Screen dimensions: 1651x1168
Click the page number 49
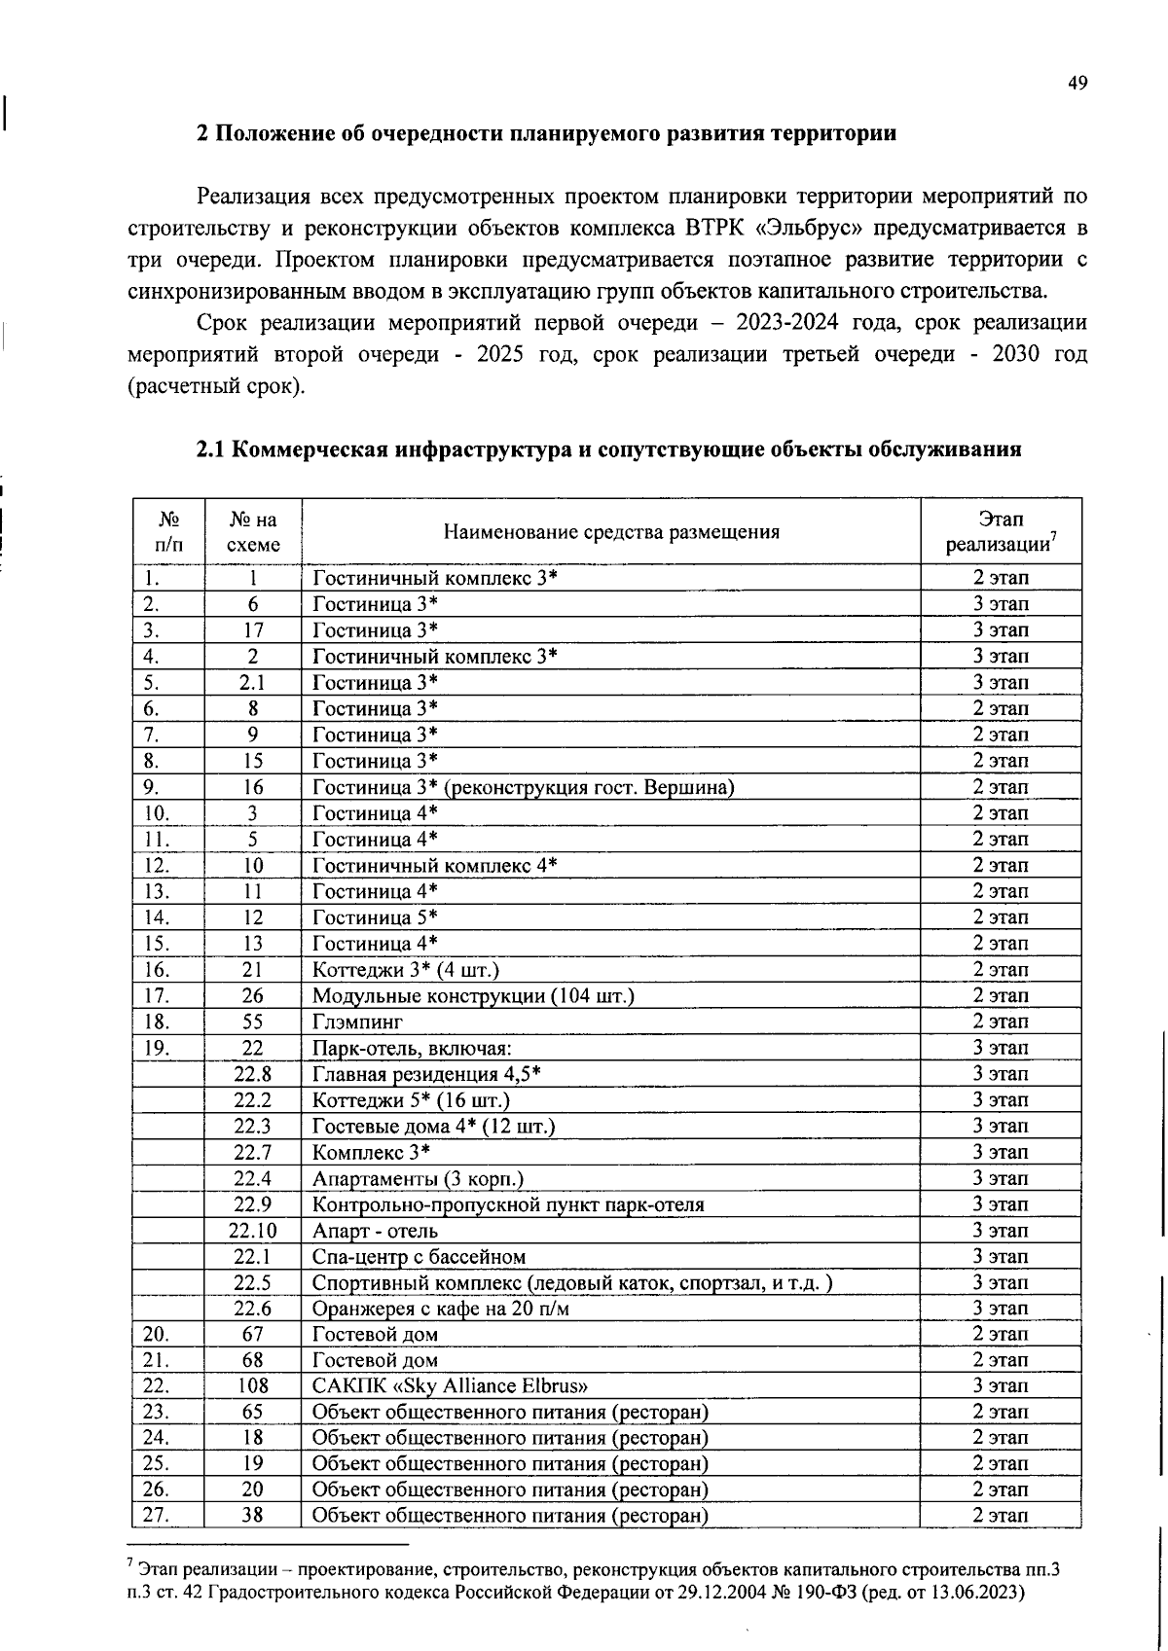tap(1077, 84)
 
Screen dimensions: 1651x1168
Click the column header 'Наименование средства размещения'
tap(610, 532)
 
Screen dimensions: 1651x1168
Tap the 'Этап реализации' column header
tap(1001, 532)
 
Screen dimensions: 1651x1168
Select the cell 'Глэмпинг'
tap(357, 1022)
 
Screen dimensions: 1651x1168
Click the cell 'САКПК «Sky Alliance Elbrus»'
tap(450, 1386)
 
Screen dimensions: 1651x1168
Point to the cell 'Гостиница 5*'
tap(375, 917)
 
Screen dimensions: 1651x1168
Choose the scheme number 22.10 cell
tap(252, 1231)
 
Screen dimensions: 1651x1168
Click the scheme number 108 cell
tap(252, 1386)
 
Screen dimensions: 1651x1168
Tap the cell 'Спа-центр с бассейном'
tap(419, 1257)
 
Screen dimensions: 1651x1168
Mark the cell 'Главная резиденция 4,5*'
tap(426, 1074)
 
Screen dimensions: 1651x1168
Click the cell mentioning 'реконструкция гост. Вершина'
tap(523, 787)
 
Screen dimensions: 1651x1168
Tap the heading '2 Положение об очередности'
tap(546, 133)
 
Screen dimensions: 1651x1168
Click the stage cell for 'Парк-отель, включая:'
tap(1001, 1048)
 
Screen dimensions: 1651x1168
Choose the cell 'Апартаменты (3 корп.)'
tap(418, 1179)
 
